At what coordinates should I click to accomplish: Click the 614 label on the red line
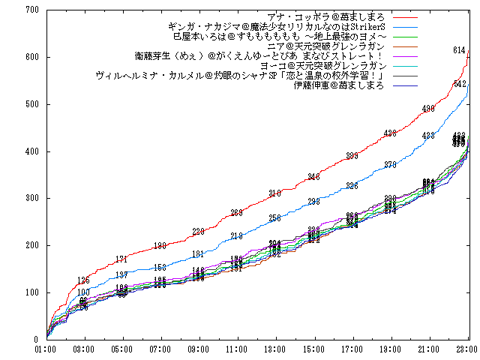460,50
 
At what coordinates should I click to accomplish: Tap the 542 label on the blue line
460,84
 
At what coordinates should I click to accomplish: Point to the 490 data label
428,109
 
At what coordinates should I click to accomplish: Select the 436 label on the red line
390,133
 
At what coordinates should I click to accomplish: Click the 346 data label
313,176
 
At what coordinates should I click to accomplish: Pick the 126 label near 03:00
83,280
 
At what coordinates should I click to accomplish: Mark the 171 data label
121,259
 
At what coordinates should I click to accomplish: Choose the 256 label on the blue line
275,218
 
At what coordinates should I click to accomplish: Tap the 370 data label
390,165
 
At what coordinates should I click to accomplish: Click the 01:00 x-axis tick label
45,349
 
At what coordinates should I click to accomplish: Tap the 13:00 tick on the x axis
275,349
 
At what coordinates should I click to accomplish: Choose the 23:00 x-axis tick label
466,349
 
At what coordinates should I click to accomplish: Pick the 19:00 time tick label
390,349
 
